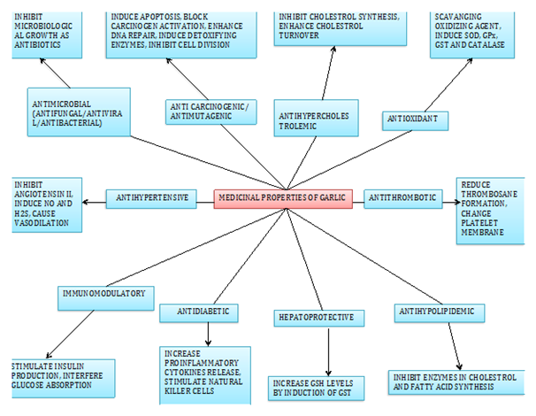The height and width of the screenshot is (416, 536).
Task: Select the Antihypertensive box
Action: [x=151, y=196]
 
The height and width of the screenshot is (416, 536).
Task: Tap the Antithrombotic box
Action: [x=403, y=196]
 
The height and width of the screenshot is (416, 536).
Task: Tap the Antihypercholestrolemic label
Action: [x=310, y=120]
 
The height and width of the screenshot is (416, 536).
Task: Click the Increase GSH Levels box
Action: [x=315, y=387]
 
